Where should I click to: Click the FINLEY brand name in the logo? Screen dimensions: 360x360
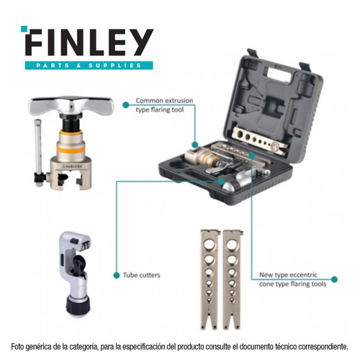[89, 42]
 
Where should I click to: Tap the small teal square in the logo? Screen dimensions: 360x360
[24, 29]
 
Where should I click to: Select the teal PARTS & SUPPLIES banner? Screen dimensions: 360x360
[89, 66]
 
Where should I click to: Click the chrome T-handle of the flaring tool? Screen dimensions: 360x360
[71, 106]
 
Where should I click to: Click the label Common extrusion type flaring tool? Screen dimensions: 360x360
[164, 105]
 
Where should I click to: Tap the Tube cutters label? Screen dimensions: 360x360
[141, 275]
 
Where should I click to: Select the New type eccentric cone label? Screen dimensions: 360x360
[292, 279]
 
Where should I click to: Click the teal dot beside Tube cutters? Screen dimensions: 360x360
[117, 275]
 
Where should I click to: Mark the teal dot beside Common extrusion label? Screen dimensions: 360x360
[126, 105]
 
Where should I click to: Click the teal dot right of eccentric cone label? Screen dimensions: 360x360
[334, 279]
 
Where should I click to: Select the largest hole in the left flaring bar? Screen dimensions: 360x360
[210, 245]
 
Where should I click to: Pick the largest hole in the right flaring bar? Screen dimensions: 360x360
[232, 245]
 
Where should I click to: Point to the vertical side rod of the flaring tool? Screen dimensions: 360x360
[38, 149]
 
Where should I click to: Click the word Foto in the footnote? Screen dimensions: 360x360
[17, 346]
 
